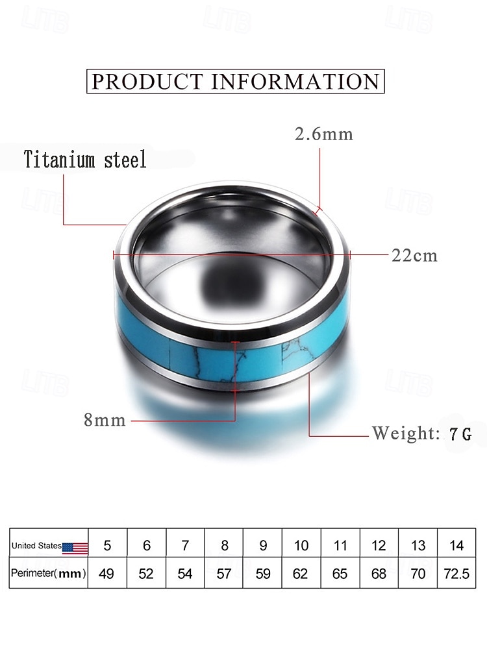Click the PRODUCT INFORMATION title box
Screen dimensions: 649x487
pyautogui.click(x=236, y=82)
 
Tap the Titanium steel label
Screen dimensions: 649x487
pyautogui.click(x=85, y=159)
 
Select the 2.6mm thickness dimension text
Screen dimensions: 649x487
pyautogui.click(x=324, y=134)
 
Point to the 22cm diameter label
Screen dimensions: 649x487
pyautogui.click(x=414, y=255)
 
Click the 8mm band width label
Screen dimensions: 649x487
pyautogui.click(x=105, y=420)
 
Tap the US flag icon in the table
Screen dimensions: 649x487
pyautogui.click(x=75, y=548)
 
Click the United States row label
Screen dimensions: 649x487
pyautogui.click(x=37, y=546)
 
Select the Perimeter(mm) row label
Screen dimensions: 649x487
pyautogui.click(x=49, y=574)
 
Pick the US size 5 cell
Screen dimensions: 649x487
pyautogui.click(x=108, y=546)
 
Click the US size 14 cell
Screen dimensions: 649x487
pyautogui.click(x=456, y=546)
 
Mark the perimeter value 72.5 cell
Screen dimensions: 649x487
pyautogui.click(x=456, y=574)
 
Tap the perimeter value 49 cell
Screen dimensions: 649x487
pyautogui.click(x=108, y=574)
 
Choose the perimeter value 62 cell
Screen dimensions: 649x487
pyautogui.click(x=301, y=574)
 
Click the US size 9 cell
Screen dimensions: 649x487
pyautogui.click(x=263, y=546)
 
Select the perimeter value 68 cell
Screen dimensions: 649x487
pyautogui.click(x=379, y=574)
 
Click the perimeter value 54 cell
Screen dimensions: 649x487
pyautogui.click(x=185, y=574)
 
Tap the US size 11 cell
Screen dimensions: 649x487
pyautogui.click(x=340, y=546)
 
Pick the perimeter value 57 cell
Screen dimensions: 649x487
pyautogui.click(x=224, y=574)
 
